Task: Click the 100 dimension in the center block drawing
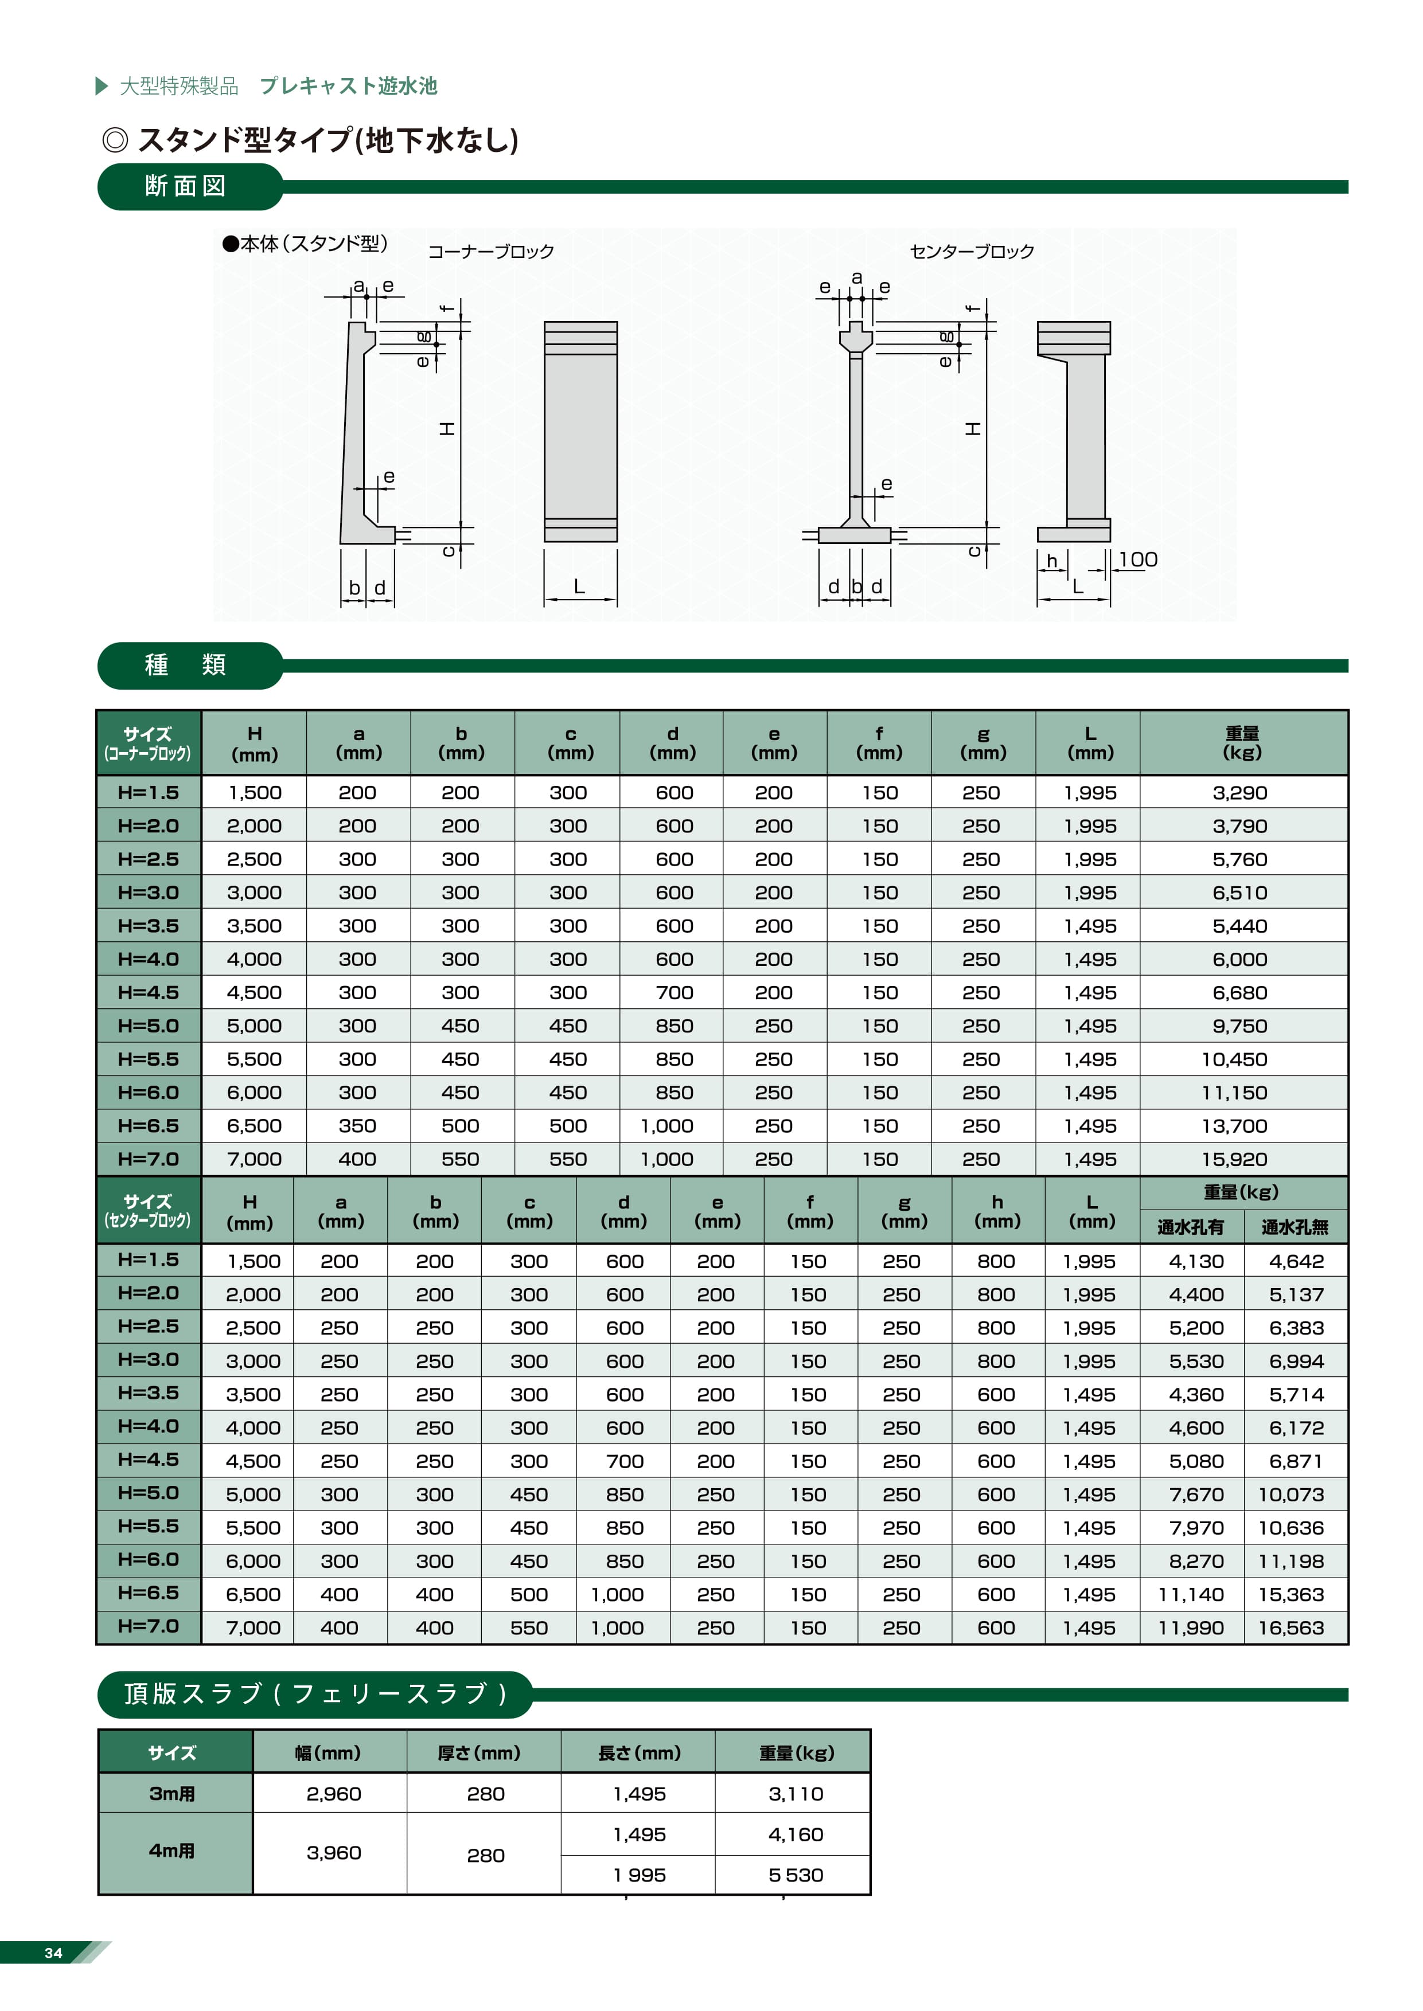point(1137,560)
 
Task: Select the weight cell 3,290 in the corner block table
point(1240,793)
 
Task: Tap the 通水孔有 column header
point(1190,1227)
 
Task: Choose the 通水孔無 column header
point(1295,1227)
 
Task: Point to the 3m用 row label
point(171,1794)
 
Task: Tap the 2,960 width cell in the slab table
point(334,1794)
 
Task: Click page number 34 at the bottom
point(53,1953)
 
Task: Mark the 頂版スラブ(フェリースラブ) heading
point(315,1694)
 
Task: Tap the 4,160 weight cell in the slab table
point(796,1834)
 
